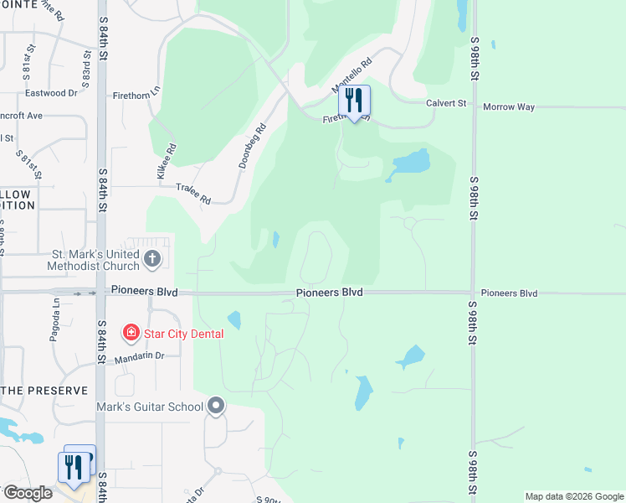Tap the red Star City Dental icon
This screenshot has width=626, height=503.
click(x=131, y=334)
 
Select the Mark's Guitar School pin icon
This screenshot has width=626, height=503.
click(x=216, y=407)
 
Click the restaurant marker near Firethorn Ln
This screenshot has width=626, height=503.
click(x=354, y=101)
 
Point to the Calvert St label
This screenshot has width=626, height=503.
click(x=445, y=103)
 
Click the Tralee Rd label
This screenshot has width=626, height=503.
click(x=193, y=194)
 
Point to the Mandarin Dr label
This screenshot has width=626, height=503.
click(x=140, y=355)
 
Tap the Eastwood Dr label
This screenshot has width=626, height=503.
click(x=57, y=93)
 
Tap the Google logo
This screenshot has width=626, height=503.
click(x=28, y=493)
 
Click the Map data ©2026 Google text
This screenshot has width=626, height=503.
click(x=573, y=496)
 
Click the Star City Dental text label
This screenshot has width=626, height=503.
click(x=183, y=334)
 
